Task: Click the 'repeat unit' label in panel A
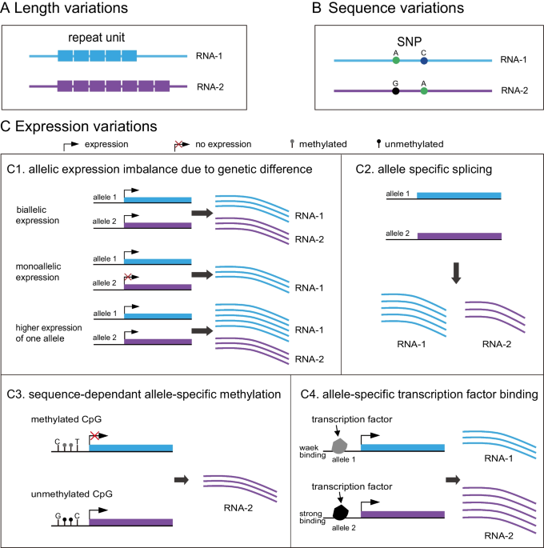pos(96,38)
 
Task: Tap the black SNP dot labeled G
pos(395,91)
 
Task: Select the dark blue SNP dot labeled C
pos(424,61)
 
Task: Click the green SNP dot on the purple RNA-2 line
pos(424,91)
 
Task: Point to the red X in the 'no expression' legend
pos(178,144)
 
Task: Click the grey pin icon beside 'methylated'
pos(292,144)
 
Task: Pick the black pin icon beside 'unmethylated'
pos(378,143)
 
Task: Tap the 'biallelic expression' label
pos(38,215)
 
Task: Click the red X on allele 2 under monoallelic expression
pos(128,277)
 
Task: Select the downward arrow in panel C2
pos(456,273)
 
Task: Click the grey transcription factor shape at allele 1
pos(339,446)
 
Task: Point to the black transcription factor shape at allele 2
pos(340,512)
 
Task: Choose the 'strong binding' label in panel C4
pos(312,517)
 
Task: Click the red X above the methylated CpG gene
pos(94,436)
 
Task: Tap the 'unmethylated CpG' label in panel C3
pos(72,494)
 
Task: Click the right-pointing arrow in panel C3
pos(182,479)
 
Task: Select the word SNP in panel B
pos(409,42)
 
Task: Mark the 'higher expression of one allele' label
pos(49,333)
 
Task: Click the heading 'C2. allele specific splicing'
pos(423,169)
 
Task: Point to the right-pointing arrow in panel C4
pos(453,479)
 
